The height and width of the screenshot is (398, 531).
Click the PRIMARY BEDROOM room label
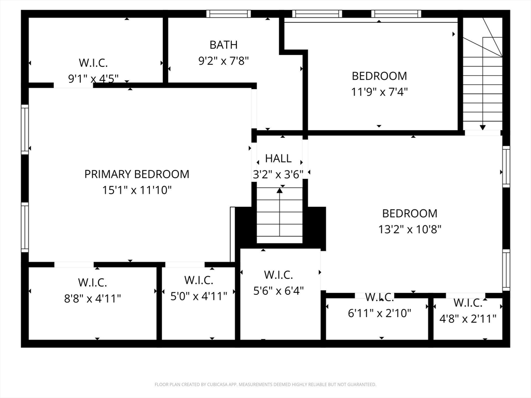(137, 174)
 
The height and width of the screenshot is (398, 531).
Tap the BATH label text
(223, 45)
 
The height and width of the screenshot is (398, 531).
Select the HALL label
(278, 159)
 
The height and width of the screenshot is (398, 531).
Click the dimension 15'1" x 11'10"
(137, 190)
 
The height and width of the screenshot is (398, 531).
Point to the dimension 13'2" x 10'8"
(410, 229)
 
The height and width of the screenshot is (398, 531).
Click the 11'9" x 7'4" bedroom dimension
(380, 92)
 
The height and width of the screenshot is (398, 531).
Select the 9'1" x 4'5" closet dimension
(93, 79)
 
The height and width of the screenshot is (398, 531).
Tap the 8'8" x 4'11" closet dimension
(93, 298)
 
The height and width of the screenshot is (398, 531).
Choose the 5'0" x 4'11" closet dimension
(199, 296)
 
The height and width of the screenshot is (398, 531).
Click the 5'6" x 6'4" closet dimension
(278, 290)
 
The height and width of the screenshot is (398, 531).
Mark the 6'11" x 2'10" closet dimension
(380, 313)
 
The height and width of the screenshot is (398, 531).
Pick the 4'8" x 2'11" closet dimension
(468, 318)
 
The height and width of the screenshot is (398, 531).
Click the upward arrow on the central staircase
(280, 191)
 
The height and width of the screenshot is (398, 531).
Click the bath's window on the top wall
(228, 14)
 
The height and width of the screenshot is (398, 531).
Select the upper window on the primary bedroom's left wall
(24, 130)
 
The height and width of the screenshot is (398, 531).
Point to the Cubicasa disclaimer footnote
(265, 385)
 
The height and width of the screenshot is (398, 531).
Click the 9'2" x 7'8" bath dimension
(223, 61)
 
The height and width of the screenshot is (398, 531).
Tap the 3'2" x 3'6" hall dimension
(278, 175)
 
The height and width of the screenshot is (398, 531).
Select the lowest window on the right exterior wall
(506, 270)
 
